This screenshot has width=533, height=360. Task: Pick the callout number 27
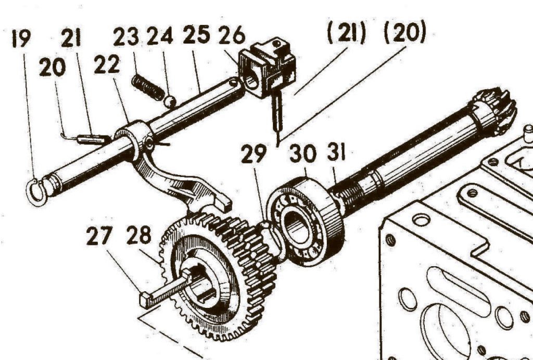99,237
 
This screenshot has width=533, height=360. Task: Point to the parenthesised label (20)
404,35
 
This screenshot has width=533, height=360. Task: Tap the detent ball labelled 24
170,102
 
